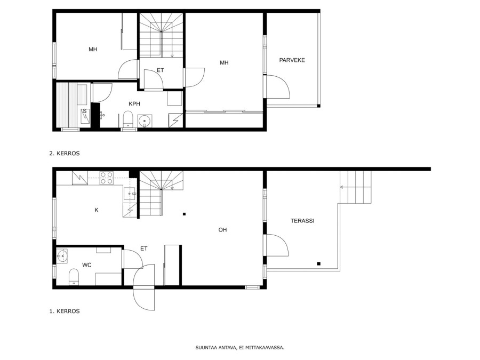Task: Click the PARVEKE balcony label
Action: point(292,60)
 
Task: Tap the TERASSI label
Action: point(302,221)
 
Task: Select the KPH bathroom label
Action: point(134,104)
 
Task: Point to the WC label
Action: point(86,265)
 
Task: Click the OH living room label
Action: point(222,229)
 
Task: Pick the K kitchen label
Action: point(97,210)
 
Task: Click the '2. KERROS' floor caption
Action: point(65,154)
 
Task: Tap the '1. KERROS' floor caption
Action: point(65,311)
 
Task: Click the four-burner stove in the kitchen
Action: point(107,178)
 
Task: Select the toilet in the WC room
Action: point(74,277)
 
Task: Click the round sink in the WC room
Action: point(62,255)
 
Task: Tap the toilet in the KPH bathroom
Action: point(127,119)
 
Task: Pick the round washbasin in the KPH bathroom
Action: point(145,121)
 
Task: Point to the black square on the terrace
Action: point(319,263)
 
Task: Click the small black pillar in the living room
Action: point(185,214)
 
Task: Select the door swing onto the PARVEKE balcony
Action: point(278,86)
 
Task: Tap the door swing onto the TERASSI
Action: point(277,245)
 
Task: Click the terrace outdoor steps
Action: point(355,187)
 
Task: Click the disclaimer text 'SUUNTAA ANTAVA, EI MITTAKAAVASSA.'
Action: point(239,347)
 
